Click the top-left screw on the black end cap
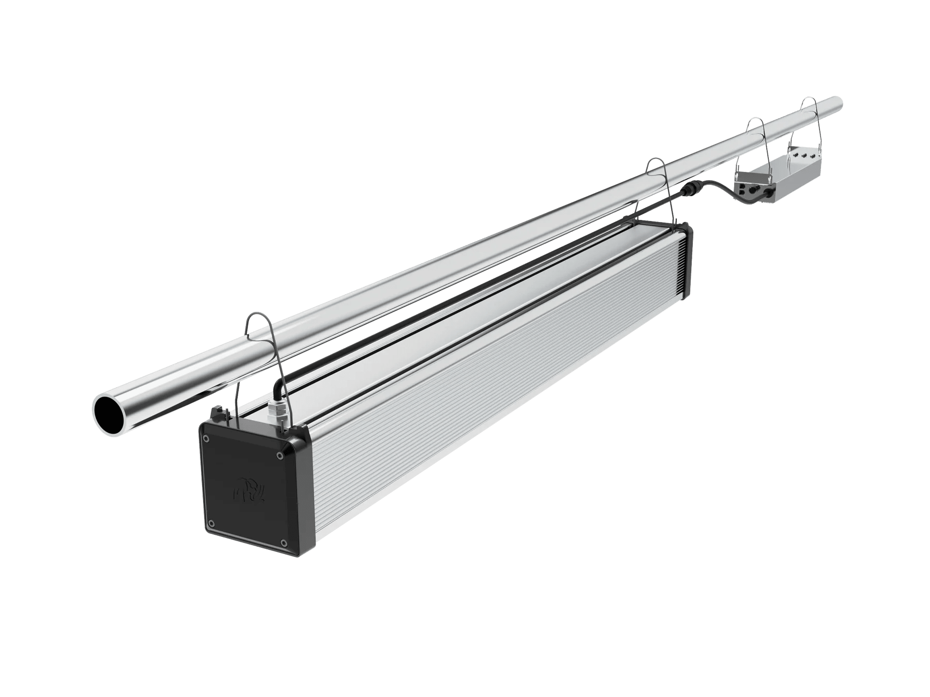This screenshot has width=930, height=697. pyautogui.click(x=207, y=438)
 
